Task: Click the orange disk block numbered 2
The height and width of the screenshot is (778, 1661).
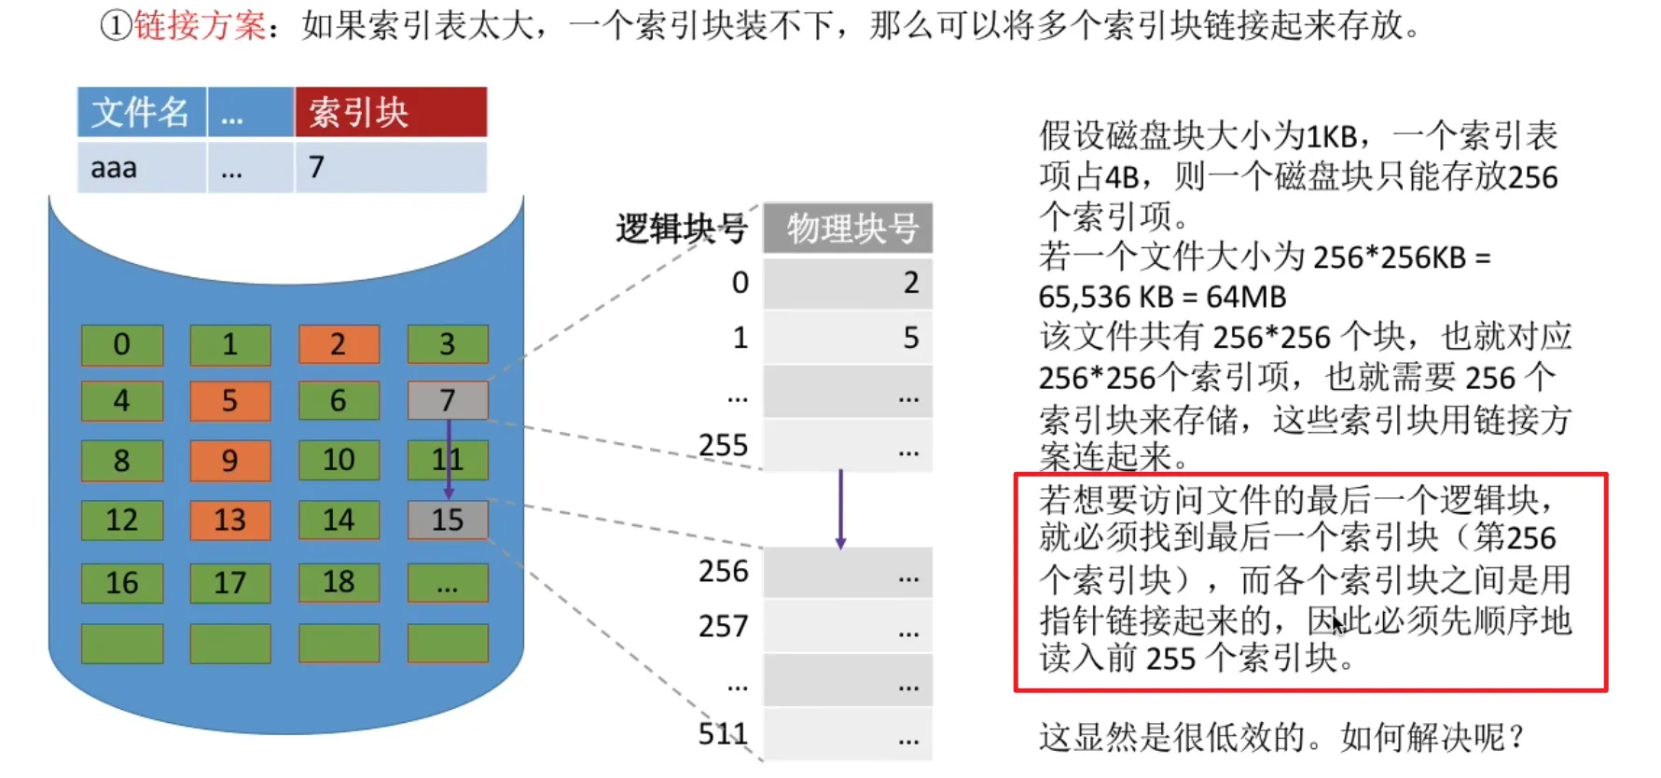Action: click(x=339, y=344)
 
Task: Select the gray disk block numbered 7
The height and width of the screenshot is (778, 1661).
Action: click(x=448, y=400)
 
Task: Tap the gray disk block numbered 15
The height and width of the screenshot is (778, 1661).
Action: click(x=448, y=520)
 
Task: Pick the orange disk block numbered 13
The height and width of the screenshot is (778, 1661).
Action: click(x=229, y=520)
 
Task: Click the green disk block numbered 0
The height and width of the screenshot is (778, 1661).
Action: click(x=122, y=344)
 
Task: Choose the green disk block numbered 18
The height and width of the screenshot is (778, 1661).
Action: click(x=339, y=582)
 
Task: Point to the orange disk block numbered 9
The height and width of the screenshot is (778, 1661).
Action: click(x=229, y=460)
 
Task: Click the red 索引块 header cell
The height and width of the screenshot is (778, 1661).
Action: click(x=391, y=113)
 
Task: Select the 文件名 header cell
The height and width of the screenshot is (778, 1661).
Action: click(x=141, y=113)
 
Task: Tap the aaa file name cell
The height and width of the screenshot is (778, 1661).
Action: click(x=115, y=168)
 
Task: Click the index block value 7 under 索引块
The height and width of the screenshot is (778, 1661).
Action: click(x=317, y=167)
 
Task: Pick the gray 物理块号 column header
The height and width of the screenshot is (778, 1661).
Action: click(x=849, y=228)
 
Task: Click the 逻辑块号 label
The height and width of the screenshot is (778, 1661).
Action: click(x=682, y=229)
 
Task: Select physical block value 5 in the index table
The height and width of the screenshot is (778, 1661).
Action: click(x=910, y=338)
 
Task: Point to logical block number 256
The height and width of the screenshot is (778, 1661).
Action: click(x=723, y=571)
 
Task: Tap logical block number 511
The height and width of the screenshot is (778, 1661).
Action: click(x=723, y=734)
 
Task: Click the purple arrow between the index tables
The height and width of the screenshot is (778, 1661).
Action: click(x=840, y=508)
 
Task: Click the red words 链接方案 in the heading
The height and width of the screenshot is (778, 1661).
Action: click(x=200, y=25)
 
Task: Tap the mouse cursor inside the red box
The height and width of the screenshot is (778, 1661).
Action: click(x=1337, y=623)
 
